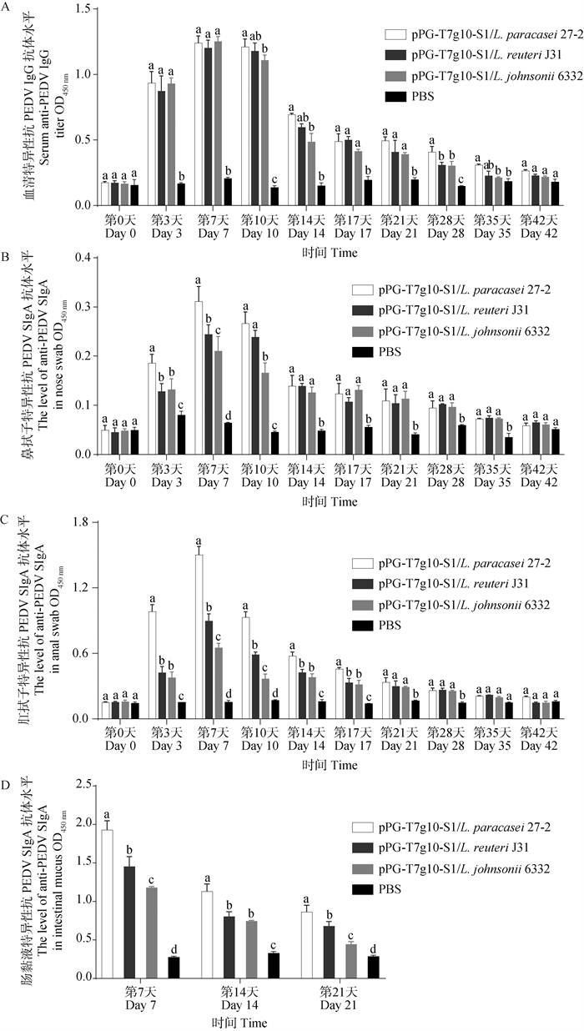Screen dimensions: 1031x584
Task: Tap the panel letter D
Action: pos(8,784)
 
